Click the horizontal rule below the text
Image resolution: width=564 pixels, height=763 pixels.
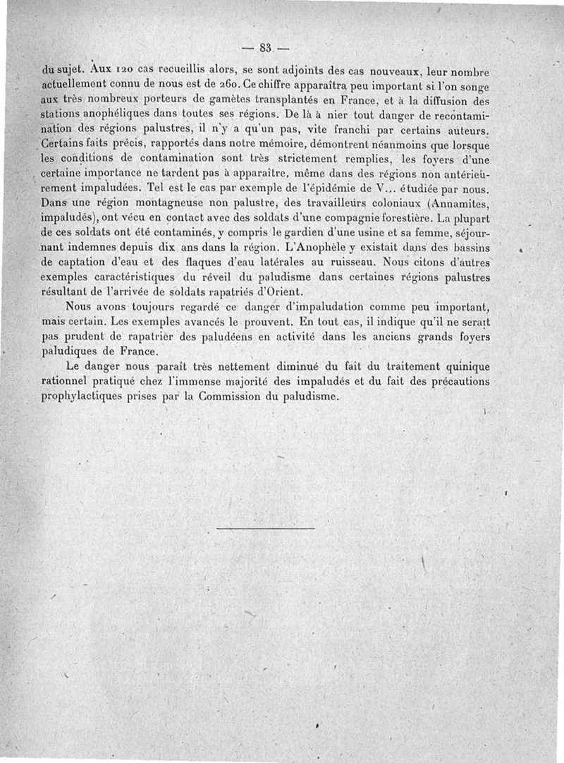[x=265, y=528]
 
